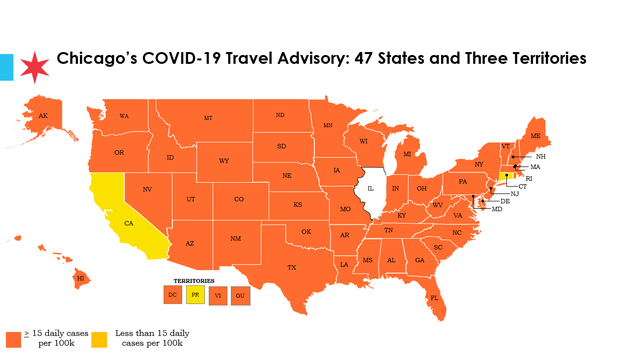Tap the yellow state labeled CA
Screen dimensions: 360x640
[128, 223]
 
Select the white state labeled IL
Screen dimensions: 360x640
[370, 188]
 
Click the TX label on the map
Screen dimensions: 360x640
[292, 267]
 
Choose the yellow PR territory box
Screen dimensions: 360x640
[196, 295]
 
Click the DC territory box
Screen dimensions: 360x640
[173, 295]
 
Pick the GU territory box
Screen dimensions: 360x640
[240, 295]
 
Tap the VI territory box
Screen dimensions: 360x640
[218, 295]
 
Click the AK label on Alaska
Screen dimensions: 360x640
[43, 116]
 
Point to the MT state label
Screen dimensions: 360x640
[208, 118]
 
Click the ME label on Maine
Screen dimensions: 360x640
[535, 135]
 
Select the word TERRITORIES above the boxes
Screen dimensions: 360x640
[195, 281]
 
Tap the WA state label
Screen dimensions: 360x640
[124, 116]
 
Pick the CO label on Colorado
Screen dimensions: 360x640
[238, 199]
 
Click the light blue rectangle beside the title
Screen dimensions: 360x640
[6, 68]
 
